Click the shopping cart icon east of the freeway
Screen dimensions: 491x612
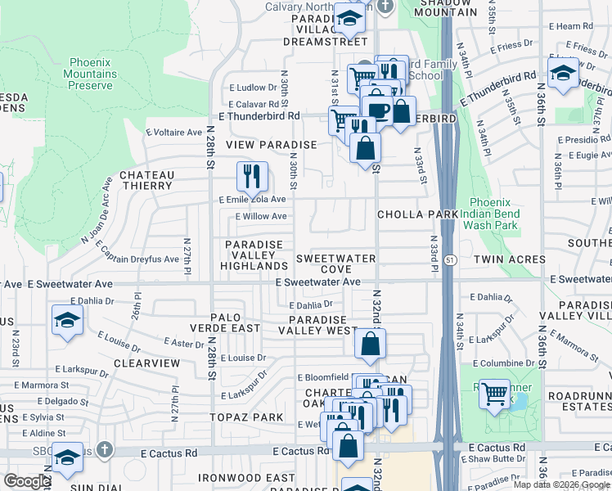point(494,394)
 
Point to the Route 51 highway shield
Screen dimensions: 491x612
point(451,260)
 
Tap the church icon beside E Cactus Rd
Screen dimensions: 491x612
point(103,449)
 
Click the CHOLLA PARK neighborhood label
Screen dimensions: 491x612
point(416,214)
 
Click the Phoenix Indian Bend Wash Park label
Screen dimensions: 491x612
point(495,214)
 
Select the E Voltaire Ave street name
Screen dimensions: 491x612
point(173,132)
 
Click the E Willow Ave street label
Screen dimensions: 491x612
point(261,217)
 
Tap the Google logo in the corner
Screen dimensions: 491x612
point(28,481)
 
